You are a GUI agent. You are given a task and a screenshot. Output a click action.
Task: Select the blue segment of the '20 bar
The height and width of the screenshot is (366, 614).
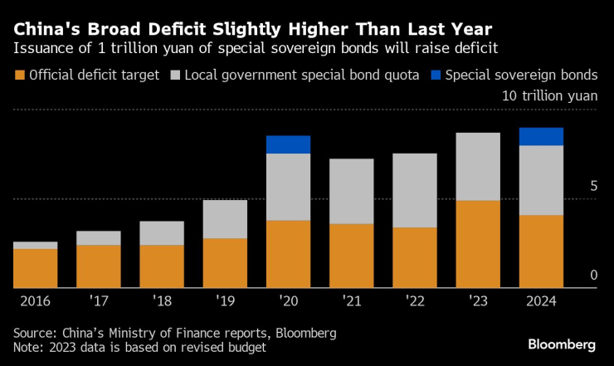coord(288,144)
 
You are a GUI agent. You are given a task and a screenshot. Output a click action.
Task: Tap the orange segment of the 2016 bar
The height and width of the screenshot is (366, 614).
coord(36,268)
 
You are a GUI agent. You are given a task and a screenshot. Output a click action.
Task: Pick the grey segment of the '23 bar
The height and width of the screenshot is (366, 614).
coord(477,167)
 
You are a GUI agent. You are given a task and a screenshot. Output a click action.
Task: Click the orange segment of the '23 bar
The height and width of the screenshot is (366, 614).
coord(477,244)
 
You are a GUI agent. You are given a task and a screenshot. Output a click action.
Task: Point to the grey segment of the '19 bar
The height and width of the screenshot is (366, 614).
coord(225,219)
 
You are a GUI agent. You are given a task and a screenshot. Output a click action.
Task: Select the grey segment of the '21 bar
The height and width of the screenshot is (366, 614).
coord(351,192)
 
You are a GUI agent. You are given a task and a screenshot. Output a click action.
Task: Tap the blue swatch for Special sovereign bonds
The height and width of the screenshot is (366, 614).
coord(436,76)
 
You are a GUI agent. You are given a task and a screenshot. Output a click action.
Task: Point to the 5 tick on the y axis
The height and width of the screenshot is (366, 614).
coord(592,187)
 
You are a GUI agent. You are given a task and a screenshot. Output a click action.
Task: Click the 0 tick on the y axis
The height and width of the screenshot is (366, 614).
coord(592,276)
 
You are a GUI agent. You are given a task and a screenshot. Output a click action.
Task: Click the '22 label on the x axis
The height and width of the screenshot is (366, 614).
coord(413,299)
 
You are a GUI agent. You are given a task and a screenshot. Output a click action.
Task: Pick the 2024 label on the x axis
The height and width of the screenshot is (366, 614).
coord(540,299)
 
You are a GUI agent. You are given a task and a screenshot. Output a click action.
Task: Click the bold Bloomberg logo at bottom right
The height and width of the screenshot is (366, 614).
coord(562,344)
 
